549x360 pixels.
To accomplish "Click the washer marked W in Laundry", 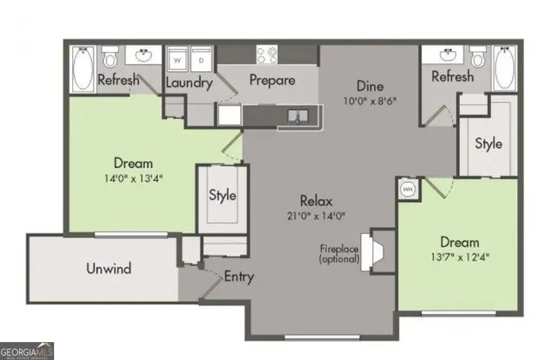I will [178, 59].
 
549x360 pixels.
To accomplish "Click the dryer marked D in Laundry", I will [202, 59].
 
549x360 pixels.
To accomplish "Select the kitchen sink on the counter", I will [296, 115].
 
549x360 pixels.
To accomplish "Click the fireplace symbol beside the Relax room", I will [375, 249].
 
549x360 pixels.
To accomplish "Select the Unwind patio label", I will [109, 268].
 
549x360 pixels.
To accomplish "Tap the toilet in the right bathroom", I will [478, 58].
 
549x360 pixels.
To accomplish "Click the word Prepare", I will [272, 81].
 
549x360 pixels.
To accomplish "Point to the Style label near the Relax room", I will [222, 195].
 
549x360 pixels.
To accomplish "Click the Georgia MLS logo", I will [27, 351].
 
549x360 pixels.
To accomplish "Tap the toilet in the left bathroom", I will [110, 58].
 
